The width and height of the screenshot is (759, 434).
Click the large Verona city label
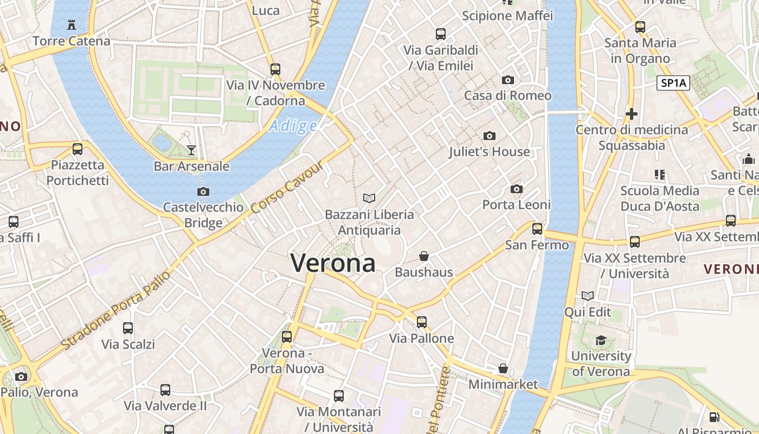coord(333,263)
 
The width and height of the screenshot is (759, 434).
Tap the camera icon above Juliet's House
coord(489,136)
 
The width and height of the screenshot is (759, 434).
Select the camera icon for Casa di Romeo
coord(508,80)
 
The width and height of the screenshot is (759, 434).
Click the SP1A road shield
coord(673,83)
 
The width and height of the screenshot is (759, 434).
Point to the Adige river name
coord(293,126)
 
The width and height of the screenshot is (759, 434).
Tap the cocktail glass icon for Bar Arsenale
coord(191,150)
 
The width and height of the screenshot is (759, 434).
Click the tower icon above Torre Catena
coord(71,24)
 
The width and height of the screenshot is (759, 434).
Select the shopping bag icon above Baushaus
coord(424,256)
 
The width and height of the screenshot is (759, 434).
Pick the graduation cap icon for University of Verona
coord(601,340)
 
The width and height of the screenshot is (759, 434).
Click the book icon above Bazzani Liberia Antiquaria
coord(369,199)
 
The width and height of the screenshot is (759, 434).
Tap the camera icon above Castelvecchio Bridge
coord(203,192)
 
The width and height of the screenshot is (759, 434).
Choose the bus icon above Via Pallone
coord(422,322)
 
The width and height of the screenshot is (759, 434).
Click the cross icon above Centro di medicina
coord(631,114)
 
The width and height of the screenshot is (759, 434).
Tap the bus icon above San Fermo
coord(537,229)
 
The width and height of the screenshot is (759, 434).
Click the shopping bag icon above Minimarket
coord(503,368)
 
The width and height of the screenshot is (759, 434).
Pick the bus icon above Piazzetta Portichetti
coord(78,149)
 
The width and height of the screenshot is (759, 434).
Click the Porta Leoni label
coord(516,205)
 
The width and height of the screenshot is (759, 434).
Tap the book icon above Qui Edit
coord(588,296)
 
